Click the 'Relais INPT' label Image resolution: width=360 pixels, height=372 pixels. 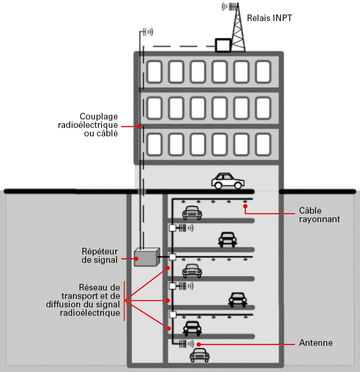(270, 18)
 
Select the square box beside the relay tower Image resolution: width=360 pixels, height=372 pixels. (223, 45)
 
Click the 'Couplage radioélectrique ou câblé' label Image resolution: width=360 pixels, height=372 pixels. (98, 125)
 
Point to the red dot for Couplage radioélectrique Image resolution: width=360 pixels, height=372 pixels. (139, 126)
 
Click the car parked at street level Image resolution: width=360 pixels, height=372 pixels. (228, 180)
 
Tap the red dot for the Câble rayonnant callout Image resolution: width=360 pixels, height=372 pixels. (245, 206)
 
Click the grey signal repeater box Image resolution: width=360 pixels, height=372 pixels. (146, 257)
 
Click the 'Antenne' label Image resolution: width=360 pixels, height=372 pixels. (316, 343)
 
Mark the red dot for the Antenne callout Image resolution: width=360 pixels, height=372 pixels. (199, 344)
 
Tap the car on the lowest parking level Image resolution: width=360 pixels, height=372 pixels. (199, 355)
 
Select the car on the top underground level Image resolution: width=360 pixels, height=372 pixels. (192, 213)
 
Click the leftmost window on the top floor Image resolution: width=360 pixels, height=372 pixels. (154, 72)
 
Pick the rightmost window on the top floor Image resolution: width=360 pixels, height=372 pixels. (263, 72)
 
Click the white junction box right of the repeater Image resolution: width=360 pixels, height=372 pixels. (172, 257)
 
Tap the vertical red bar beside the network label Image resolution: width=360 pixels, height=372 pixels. (124, 301)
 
